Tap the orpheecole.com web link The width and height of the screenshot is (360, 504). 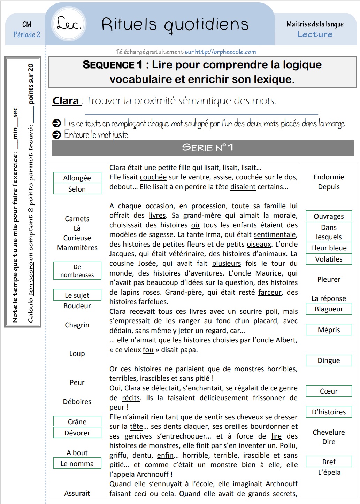[225, 52]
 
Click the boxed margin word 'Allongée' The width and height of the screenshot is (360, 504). [77, 178]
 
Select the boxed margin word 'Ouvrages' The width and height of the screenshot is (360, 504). [329, 216]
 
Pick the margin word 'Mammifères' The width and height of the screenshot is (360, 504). [77, 248]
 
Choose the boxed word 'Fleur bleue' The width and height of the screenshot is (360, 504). [329, 248]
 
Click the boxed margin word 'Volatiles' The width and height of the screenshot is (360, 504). [329, 259]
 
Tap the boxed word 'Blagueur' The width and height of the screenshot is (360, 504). [329, 309]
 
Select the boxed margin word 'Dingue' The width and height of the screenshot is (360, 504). [329, 360]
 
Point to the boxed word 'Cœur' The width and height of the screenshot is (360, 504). [329, 391]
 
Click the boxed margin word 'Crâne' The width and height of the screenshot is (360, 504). [77, 422]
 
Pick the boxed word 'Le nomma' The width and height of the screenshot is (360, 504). [77, 464]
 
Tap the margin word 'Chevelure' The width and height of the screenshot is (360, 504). [329, 432]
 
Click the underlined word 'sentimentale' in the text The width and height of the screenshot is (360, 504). [275, 235]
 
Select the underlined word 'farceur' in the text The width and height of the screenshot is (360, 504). [270, 292]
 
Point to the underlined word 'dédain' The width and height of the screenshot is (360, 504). [120, 331]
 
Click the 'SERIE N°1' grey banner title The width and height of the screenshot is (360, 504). [207, 148]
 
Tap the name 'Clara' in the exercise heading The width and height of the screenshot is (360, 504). [66, 101]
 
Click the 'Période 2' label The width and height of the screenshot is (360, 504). [27, 34]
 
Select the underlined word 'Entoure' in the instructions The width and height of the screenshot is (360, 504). [77, 135]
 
